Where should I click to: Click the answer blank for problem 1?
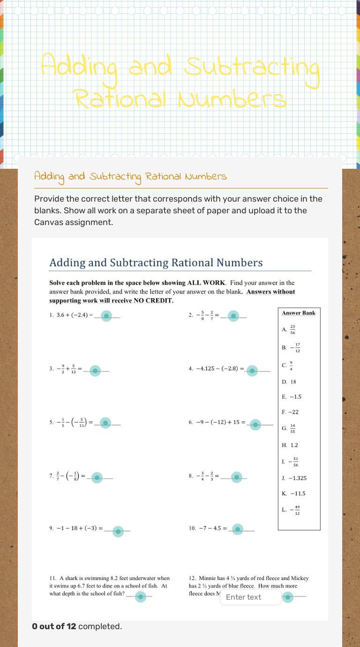point(107,316)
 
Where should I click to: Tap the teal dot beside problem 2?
point(233,316)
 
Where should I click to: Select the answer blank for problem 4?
point(252,371)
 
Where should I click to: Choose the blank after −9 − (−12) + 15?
point(255,425)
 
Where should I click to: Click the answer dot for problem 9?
point(118,531)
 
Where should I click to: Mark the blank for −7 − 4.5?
point(238,530)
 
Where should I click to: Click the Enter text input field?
point(250,597)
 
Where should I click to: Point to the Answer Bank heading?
point(299,313)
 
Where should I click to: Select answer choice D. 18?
point(289,382)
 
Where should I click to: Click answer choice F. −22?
point(290,412)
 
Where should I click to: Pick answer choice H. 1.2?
point(290,445)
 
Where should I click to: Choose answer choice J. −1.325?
point(294,478)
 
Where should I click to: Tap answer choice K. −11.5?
point(293,493)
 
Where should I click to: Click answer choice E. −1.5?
point(292,397)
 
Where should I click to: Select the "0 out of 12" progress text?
point(54,626)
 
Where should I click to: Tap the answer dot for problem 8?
point(237,477)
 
